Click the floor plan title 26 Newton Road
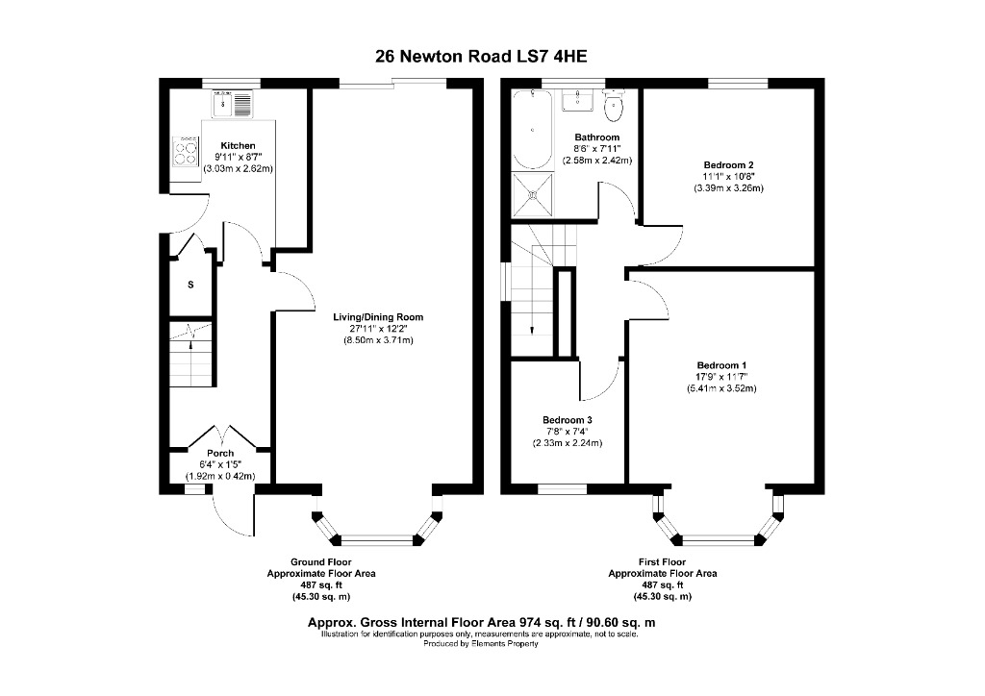[x=481, y=56]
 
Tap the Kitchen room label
[x=238, y=145]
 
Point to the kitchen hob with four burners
[x=183, y=151]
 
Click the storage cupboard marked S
[x=190, y=285]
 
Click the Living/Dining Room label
[x=378, y=317]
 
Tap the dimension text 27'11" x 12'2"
[x=378, y=329]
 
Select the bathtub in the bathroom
[x=529, y=129]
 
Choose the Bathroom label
[x=596, y=137]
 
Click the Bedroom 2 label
[x=728, y=164]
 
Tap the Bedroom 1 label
[x=721, y=365]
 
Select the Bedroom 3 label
[x=568, y=420]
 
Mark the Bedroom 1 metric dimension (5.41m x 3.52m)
[x=721, y=388]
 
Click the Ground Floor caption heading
[x=320, y=561]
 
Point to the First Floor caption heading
[x=662, y=561]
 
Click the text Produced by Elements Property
[x=481, y=644]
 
